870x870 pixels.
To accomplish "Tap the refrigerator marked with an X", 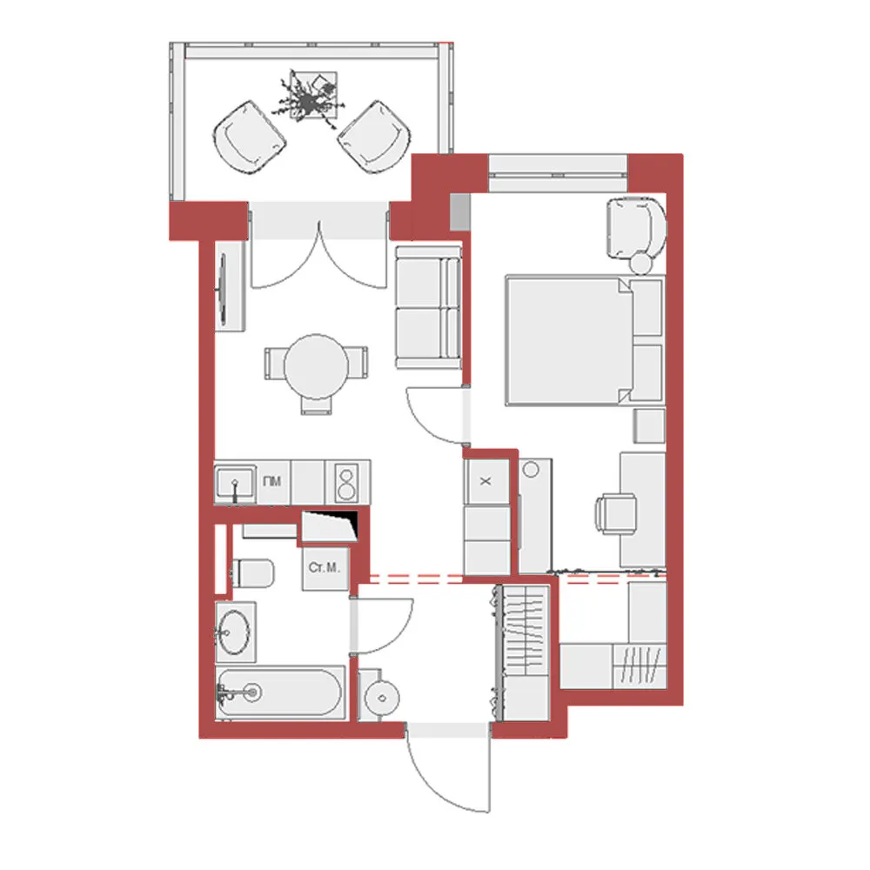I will pos(486,481).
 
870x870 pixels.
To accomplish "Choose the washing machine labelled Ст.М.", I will pos(326,568).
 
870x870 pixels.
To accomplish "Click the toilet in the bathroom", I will pos(253,572).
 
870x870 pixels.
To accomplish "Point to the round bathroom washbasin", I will pos(234,628).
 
